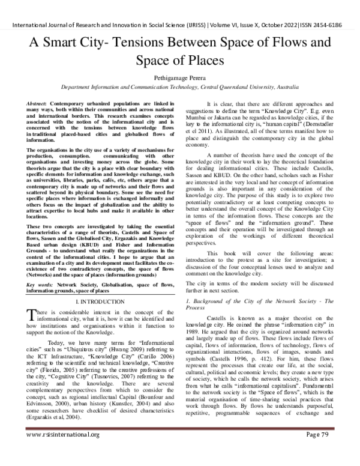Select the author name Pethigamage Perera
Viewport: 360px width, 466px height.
[179, 77]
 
